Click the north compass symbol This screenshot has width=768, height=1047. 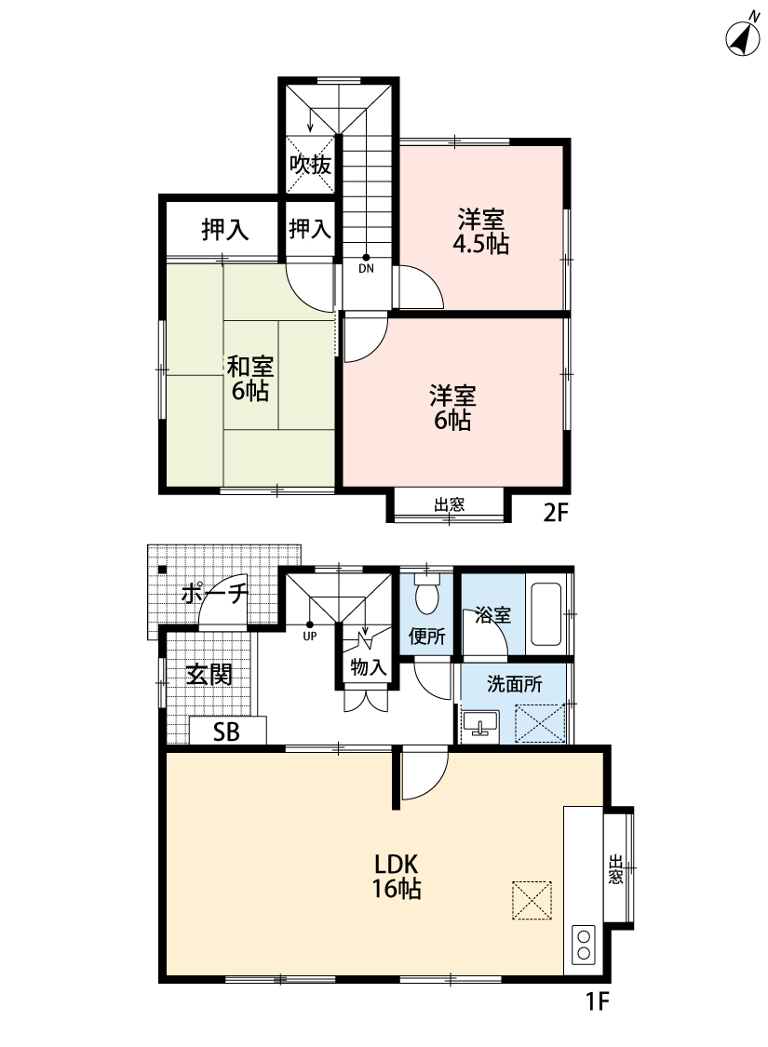[743, 37]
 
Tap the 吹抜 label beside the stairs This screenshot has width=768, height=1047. [310, 164]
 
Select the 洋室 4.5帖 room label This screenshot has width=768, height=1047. [481, 232]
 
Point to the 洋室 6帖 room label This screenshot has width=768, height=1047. [452, 408]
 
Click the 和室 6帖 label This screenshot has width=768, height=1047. [250, 378]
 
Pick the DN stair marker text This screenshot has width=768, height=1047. [366, 269]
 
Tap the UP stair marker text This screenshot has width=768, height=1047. [309, 637]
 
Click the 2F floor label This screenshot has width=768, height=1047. [555, 513]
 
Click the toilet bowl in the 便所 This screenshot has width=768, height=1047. [426, 596]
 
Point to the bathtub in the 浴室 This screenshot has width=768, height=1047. [546, 614]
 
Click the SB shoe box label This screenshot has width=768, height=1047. [226, 732]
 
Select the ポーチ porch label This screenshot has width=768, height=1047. [214, 593]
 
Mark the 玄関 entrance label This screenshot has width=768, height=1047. [209, 675]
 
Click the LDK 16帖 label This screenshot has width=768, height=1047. [397, 876]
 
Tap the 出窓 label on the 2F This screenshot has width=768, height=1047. [449, 504]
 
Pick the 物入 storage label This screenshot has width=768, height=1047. [369, 666]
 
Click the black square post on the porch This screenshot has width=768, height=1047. [162, 570]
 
